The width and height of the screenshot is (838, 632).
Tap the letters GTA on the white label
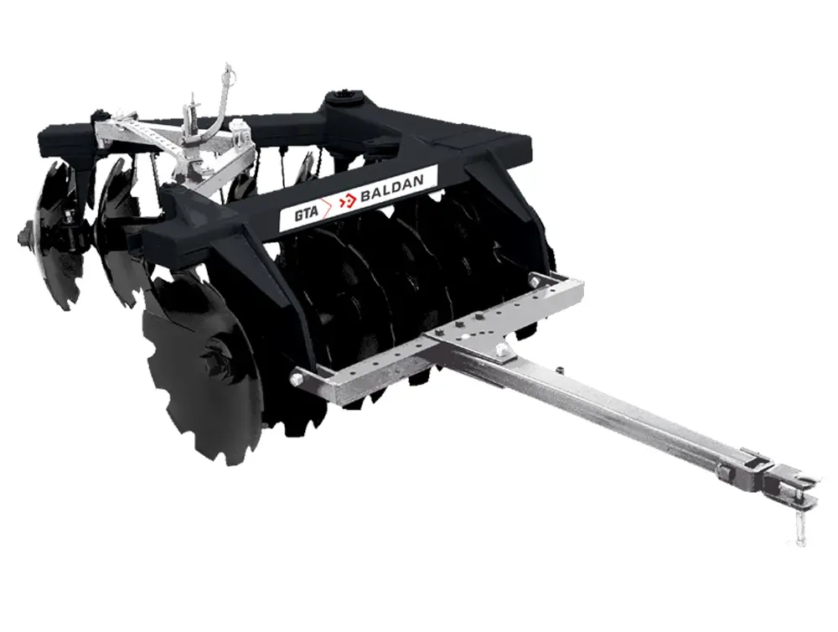point(306,212)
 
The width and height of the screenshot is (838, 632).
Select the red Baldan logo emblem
point(349,200)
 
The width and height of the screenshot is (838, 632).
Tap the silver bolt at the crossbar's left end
point(296,380)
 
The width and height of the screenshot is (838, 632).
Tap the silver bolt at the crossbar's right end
point(533,280)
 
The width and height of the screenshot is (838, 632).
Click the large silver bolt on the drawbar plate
point(501,350)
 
